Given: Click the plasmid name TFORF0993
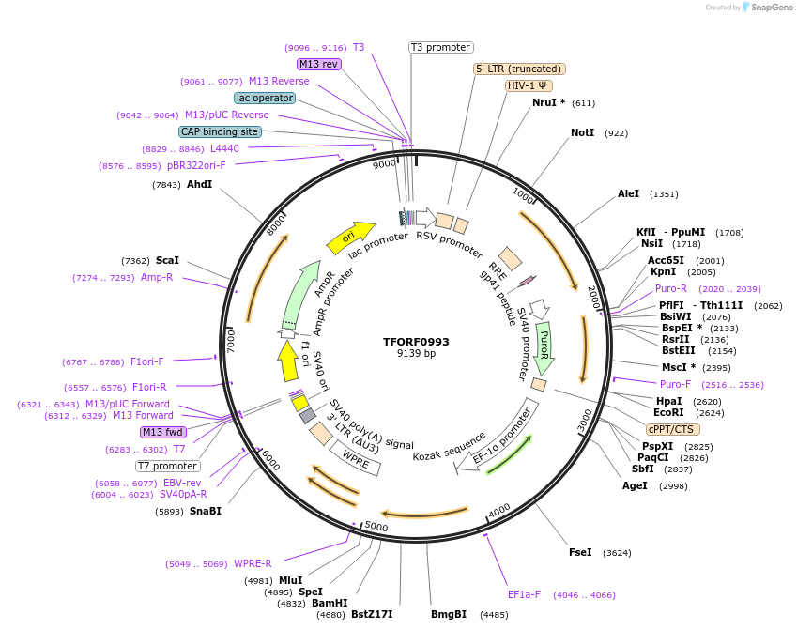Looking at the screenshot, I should coord(416,342).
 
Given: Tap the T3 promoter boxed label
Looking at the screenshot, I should coord(441,47).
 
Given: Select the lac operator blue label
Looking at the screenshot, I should coord(265,98).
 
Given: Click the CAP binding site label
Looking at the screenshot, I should coord(220,132).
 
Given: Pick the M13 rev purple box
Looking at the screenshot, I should coord(318,64).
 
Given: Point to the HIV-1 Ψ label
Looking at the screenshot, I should coord(529,85).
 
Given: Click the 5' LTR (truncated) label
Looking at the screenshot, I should coord(518,69).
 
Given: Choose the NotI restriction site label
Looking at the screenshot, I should coord(582,133).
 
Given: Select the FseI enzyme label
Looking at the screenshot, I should coord(580,552).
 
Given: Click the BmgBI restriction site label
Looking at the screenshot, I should coord(449,615).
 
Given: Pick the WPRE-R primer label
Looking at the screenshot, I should coord(253,563).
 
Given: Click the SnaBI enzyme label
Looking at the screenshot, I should coord(206,511).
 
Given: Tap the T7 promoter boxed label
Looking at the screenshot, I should coord(168,466).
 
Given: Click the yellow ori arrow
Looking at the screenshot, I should coord(349,238).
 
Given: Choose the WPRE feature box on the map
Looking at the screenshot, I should coord(355,458).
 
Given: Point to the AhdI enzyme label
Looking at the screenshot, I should coord(199,184).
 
